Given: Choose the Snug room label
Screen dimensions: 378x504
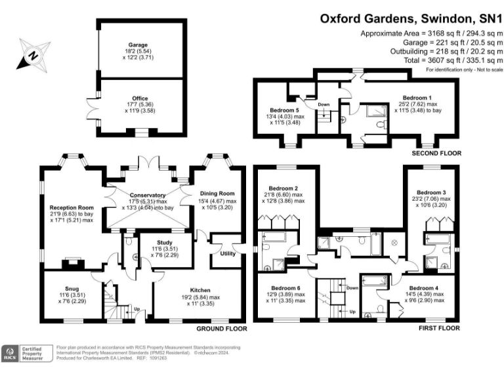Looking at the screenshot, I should pos(64,288).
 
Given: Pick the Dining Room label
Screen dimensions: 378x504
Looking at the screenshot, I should pos(217,193).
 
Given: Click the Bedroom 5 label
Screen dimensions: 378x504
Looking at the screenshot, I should pos(284,110).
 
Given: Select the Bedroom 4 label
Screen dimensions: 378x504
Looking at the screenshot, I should pos(422,287).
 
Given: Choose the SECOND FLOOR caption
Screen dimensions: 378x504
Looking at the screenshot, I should pos(436,153).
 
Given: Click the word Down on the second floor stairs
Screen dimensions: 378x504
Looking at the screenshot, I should pos(324,104).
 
